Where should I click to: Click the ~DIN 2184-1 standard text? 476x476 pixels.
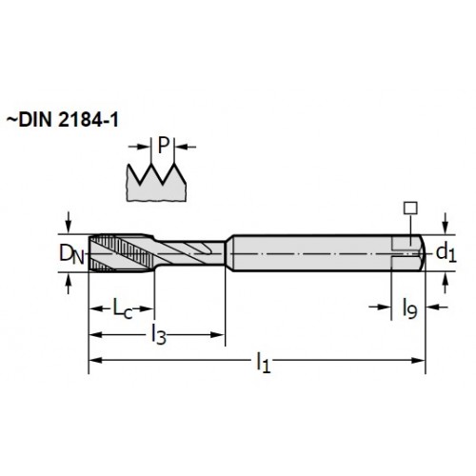(63, 120)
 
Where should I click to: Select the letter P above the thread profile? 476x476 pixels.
(163, 146)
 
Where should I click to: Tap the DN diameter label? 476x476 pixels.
(72, 255)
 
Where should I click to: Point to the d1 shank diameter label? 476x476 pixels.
(446, 253)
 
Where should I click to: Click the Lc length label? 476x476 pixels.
(123, 308)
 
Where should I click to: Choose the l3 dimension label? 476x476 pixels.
(159, 334)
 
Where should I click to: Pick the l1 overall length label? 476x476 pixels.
(264, 363)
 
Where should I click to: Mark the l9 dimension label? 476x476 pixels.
(409, 307)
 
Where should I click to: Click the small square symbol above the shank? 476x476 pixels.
(410, 208)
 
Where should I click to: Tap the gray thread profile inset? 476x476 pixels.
(156, 183)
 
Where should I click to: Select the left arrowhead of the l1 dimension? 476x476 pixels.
(95, 360)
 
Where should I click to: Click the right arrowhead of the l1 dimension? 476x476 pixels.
(418, 360)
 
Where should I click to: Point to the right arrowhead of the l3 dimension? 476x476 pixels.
(218, 334)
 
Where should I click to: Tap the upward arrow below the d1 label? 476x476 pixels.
(446, 283)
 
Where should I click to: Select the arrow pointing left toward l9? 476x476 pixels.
(437, 307)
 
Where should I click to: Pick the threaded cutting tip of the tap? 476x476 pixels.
(121, 253)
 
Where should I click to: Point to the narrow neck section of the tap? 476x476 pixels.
(190, 253)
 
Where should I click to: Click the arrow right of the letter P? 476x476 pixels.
(186, 147)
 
